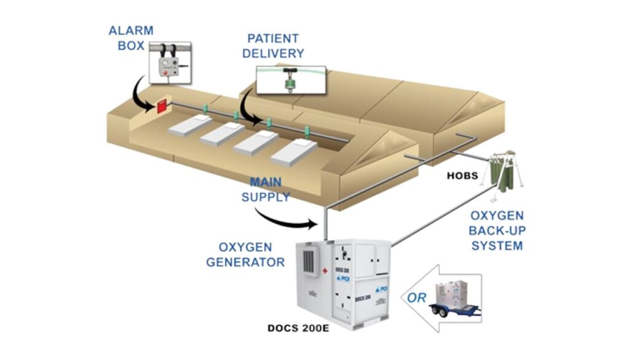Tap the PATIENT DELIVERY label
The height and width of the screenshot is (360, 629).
point(273,46)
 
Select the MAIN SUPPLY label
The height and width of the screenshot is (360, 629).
point(270,190)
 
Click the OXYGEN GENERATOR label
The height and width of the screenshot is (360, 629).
point(245,254)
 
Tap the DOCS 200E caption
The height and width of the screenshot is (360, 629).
point(299,327)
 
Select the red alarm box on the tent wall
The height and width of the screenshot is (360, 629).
point(163,106)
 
